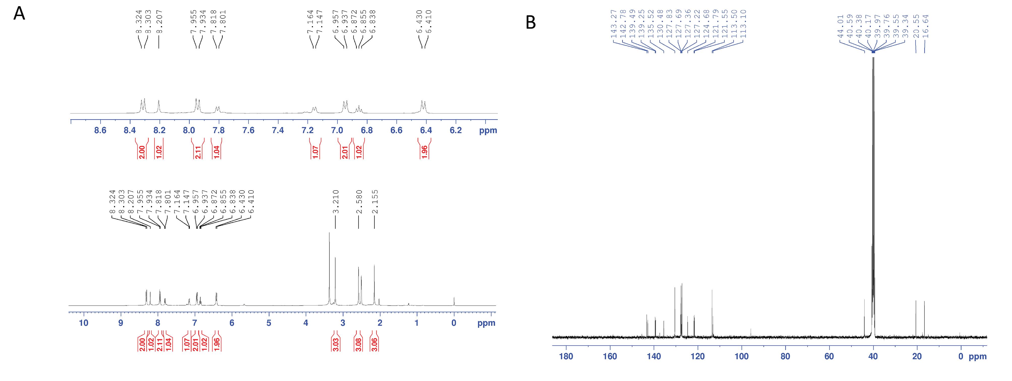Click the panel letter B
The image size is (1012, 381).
pos(531,23)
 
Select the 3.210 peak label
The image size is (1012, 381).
pos(335,202)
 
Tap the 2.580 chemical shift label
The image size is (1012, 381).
pos(359,202)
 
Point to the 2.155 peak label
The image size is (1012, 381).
pos(374,202)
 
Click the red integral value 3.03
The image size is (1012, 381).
pos(336,344)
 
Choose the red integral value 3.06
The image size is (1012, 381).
pos(374,344)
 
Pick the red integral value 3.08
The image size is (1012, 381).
pos(358,344)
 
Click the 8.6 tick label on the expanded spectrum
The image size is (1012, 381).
pos(101,130)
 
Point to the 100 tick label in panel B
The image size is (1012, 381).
pos(741,356)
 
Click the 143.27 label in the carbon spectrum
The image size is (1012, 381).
pos(614,24)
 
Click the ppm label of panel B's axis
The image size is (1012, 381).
pos(977,356)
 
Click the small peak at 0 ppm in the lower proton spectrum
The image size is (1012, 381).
pos(454,301)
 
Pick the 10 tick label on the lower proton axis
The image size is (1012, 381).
pos(84,323)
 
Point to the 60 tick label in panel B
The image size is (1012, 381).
pos(829,356)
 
